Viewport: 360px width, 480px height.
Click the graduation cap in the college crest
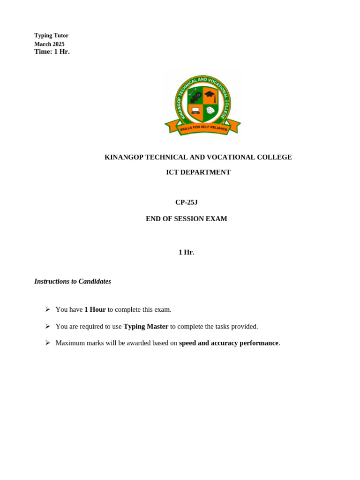point(210,94)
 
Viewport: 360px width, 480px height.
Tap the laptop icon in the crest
point(195,111)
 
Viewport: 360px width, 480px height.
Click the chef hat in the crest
point(210,110)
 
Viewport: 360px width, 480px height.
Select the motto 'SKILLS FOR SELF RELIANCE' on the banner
point(203,128)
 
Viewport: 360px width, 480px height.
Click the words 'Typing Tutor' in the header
point(51,36)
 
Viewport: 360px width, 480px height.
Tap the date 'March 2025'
point(49,44)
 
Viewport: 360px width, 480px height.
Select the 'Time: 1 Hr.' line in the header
point(52,52)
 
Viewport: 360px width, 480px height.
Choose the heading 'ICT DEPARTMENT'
point(198,172)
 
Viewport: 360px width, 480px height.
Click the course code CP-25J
point(187,202)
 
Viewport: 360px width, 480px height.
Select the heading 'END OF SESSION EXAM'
point(187,218)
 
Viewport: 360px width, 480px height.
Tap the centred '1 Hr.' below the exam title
point(187,252)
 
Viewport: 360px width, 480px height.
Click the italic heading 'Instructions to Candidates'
point(73,281)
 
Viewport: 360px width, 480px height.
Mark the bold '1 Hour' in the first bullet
point(95,309)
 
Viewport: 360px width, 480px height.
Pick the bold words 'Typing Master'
point(146,326)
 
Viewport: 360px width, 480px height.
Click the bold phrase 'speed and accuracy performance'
point(229,343)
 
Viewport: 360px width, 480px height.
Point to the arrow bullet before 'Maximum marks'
point(47,343)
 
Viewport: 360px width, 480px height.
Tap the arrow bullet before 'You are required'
point(47,326)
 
